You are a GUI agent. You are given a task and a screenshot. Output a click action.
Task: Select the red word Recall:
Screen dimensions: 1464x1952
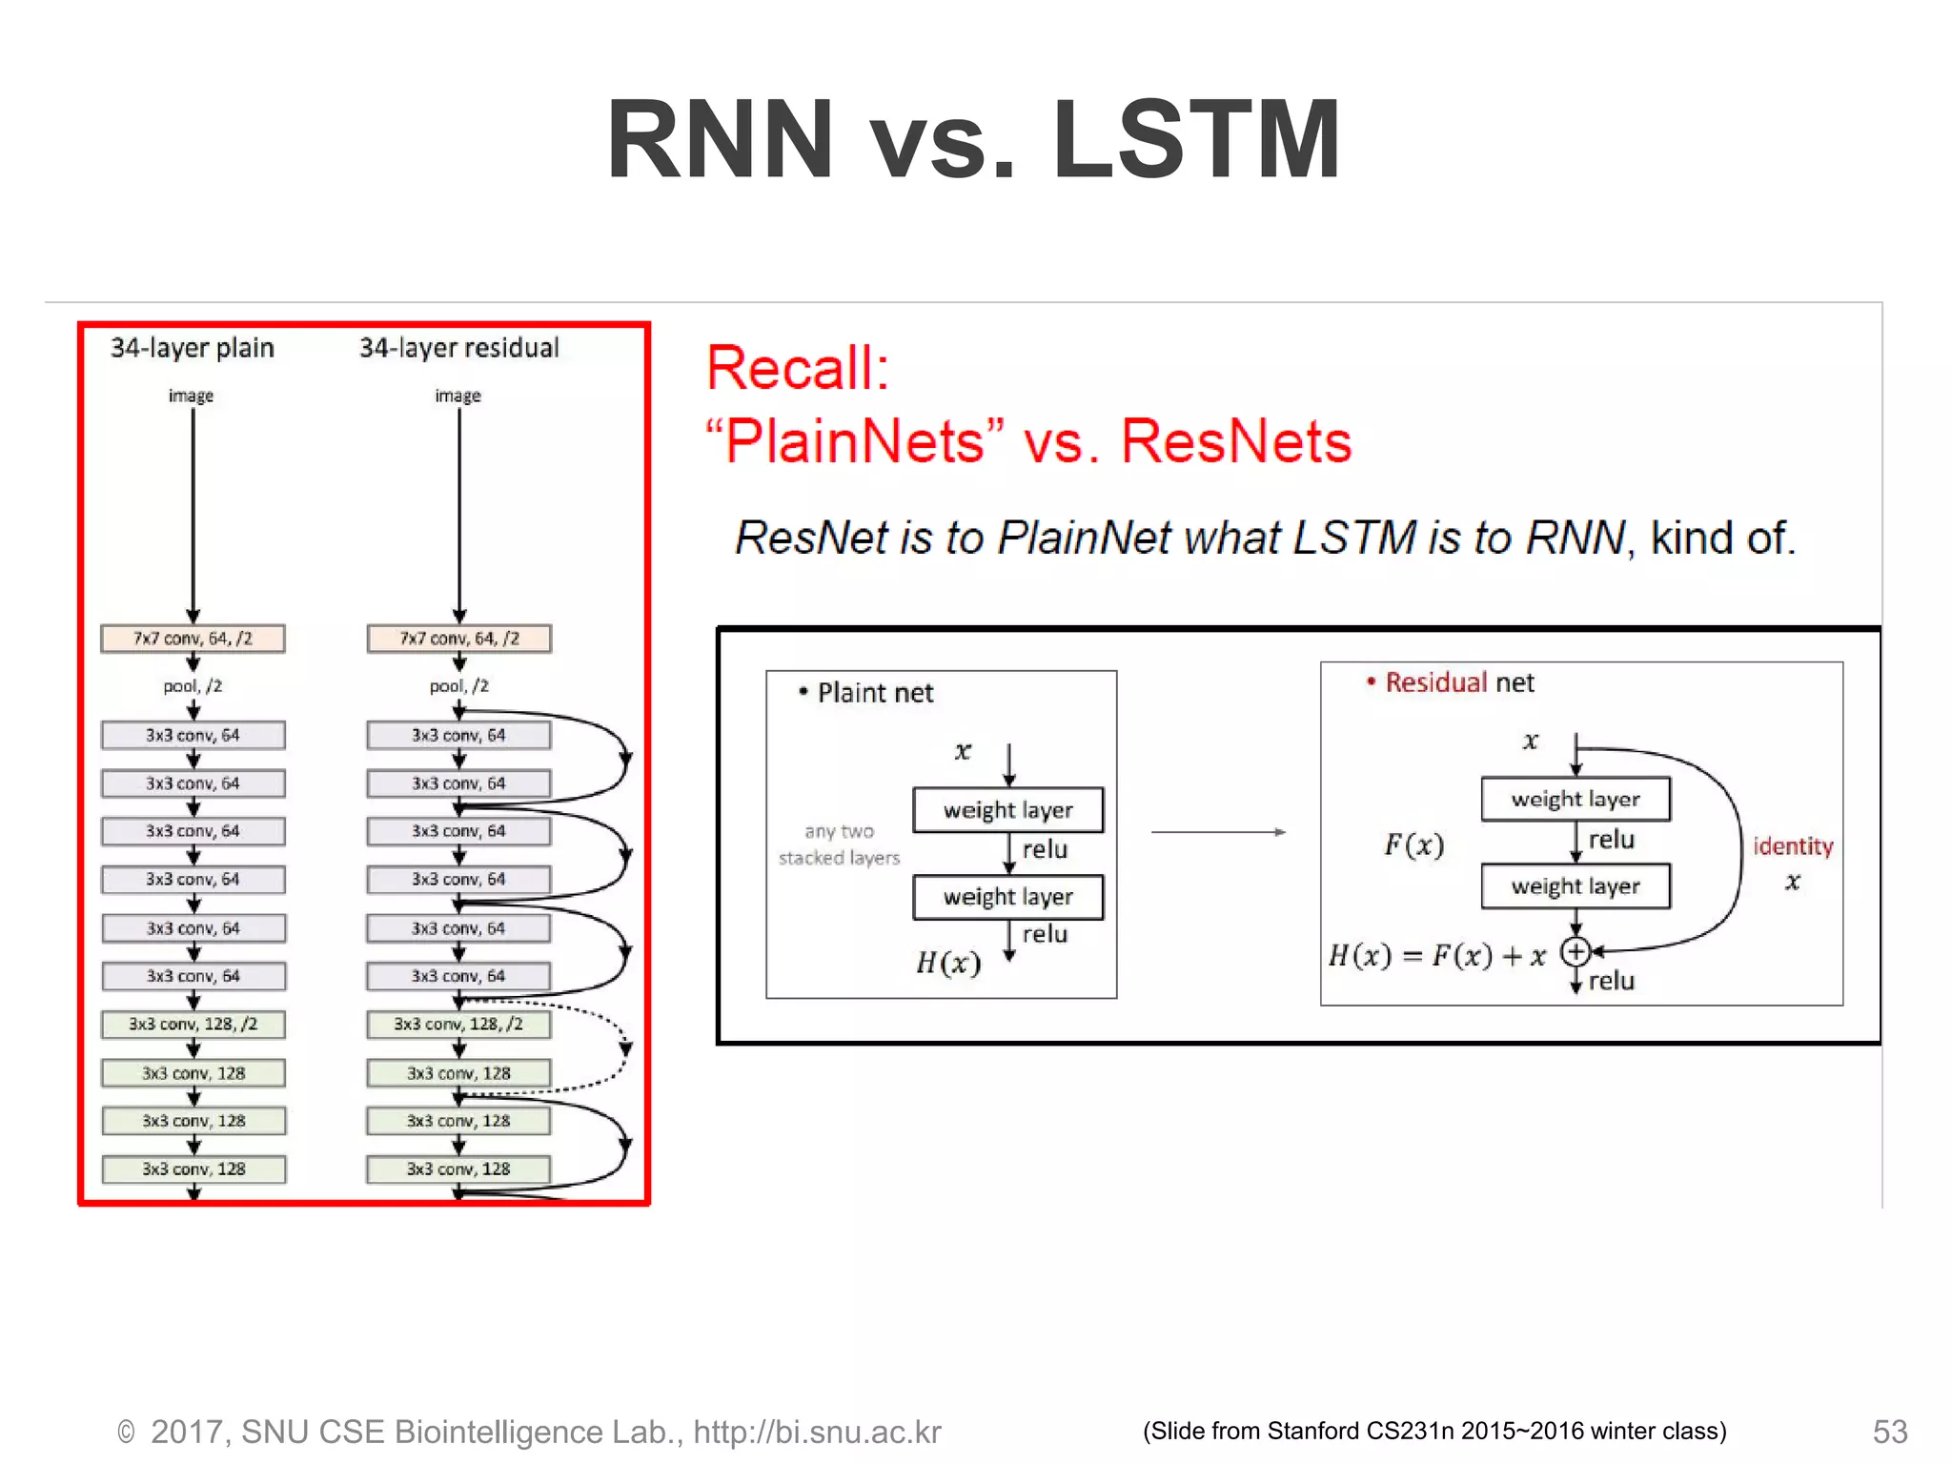tap(798, 368)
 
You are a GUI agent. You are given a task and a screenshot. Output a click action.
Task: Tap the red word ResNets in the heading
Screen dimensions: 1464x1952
tap(1236, 441)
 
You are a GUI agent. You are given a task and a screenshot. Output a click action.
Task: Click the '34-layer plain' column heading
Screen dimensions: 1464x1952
tap(193, 348)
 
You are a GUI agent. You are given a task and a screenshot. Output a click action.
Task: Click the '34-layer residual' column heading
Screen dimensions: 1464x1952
tap(459, 348)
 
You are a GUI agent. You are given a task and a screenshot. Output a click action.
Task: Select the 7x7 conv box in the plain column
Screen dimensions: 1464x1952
tap(193, 639)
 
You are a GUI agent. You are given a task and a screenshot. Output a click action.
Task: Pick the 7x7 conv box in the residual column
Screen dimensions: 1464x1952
tap(458, 639)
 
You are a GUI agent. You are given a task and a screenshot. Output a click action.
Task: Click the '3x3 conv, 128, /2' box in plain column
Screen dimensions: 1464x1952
tap(193, 1025)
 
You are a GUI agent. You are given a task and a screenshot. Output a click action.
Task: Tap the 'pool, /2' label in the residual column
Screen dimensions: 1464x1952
tap(458, 686)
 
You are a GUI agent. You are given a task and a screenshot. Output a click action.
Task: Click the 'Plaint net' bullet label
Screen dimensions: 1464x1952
tap(875, 693)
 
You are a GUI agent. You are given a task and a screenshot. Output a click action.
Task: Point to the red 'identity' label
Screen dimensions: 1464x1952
tap(1793, 846)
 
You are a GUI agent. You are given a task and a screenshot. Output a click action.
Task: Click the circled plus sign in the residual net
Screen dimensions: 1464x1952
tap(1576, 951)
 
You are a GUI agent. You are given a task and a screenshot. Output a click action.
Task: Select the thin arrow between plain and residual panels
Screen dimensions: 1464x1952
tap(1218, 832)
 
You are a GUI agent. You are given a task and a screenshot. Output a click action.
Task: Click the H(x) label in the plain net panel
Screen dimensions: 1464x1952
tap(948, 964)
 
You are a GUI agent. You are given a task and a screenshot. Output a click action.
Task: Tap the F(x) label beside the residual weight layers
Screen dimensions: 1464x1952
tap(1414, 844)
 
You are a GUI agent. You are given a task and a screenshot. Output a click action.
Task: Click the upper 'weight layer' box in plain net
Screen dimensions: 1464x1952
tap(1008, 810)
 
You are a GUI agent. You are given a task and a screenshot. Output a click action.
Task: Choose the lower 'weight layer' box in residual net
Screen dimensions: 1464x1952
tap(1576, 886)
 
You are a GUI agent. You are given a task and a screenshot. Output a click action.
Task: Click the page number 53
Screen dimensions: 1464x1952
tap(1890, 1432)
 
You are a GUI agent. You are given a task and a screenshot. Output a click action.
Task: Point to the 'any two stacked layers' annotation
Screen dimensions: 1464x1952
tap(839, 844)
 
